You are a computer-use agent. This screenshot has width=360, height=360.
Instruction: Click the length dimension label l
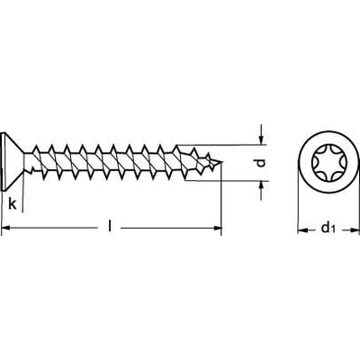110,226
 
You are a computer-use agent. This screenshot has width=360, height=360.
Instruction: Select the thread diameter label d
261,163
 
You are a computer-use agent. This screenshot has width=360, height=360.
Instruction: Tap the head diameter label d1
328,228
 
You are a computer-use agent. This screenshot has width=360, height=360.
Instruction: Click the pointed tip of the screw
222,162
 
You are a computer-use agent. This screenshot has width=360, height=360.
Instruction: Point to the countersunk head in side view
13,161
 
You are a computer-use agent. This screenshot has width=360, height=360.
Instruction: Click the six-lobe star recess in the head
328,162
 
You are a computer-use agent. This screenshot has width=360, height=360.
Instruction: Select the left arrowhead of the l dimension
6,229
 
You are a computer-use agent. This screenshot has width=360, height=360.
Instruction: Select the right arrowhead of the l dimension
217,229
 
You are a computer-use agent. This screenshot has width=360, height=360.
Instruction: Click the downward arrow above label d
261,134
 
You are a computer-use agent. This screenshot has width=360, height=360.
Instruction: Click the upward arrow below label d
261,191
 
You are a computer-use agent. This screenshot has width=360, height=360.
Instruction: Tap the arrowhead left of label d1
302,230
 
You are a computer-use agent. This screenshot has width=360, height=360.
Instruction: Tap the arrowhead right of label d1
354,230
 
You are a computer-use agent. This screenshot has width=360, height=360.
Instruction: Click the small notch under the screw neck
30,172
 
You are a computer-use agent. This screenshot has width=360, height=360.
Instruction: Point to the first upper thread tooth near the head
36,148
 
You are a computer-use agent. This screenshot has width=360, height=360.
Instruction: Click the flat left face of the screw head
3,161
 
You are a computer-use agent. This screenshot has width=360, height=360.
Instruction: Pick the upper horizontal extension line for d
221,145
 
